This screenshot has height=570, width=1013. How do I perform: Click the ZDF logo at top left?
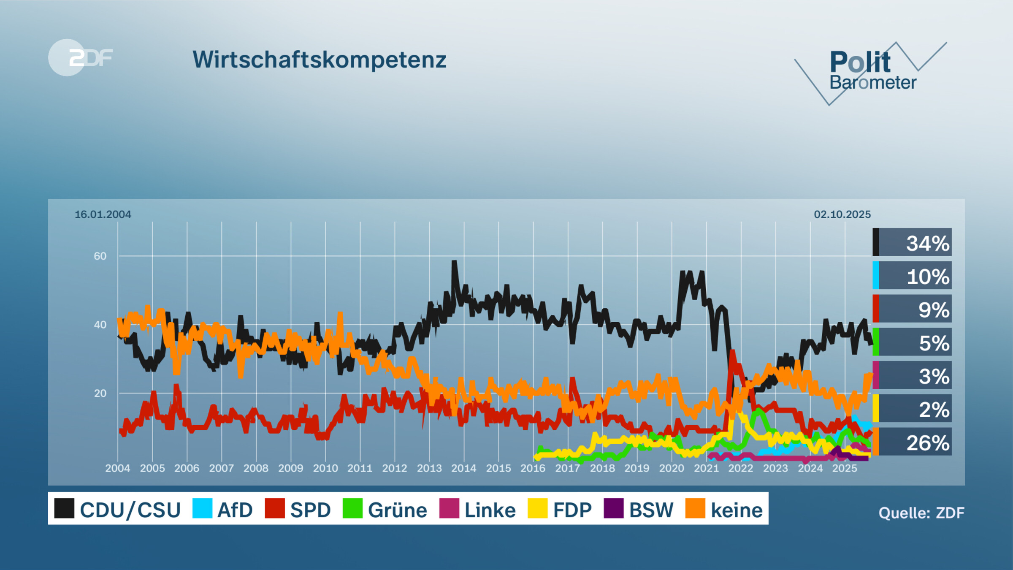[80, 57]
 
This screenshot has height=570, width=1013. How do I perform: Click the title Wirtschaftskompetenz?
[319, 60]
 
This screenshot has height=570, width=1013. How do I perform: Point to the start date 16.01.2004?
[103, 214]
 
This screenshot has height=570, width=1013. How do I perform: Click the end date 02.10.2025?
[842, 214]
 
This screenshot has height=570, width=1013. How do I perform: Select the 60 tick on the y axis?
[100, 256]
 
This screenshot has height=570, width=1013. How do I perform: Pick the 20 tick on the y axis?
[100, 394]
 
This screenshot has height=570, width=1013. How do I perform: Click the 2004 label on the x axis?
[117, 468]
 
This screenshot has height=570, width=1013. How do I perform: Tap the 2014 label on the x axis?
[463, 468]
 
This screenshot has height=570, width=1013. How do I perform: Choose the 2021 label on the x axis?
[706, 468]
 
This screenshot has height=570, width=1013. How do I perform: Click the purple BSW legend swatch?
[613, 508]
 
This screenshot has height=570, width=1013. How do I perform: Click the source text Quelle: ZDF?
[921, 513]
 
